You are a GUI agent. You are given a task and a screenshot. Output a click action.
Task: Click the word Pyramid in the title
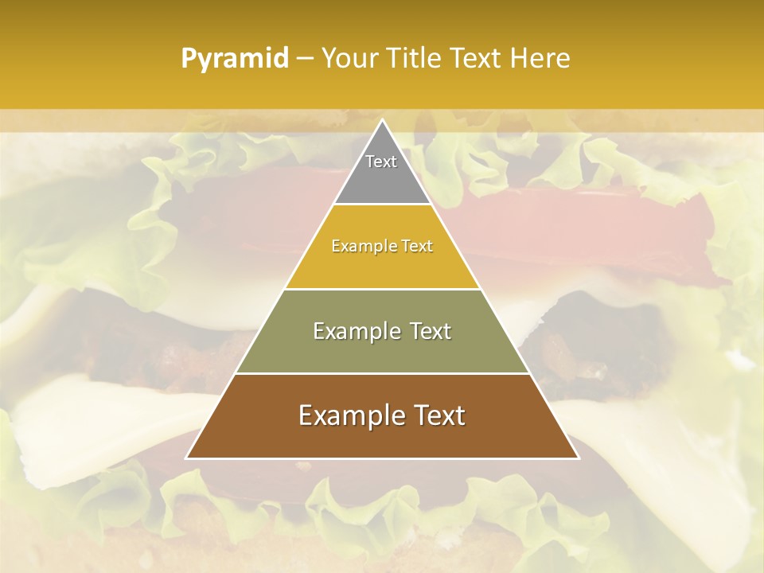tap(234, 59)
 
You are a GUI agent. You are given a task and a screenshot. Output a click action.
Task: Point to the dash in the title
tap(304, 59)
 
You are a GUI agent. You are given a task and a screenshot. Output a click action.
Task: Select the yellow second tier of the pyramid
tap(382, 263)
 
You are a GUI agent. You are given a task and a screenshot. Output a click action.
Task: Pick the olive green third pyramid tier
tap(382, 350)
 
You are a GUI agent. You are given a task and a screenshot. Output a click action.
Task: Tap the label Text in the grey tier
tap(381, 162)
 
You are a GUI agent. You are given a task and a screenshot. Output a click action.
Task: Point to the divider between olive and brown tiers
tap(382, 373)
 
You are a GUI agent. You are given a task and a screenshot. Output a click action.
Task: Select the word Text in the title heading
tap(477, 59)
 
